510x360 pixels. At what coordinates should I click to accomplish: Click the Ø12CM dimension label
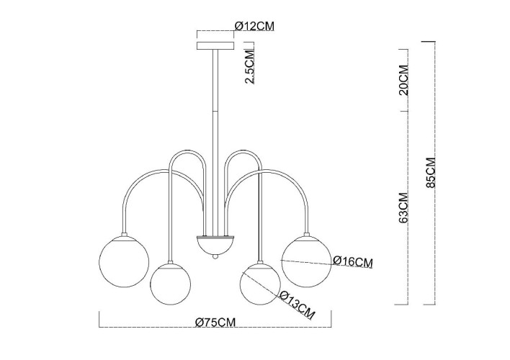coord(255,26)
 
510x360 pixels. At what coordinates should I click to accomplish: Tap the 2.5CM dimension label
coord(250,67)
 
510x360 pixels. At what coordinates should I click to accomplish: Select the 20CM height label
coord(403,80)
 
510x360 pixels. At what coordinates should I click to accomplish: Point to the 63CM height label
coord(403,207)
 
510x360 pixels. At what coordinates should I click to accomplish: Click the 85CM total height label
coord(431,172)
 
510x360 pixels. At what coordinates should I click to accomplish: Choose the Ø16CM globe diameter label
coord(353,262)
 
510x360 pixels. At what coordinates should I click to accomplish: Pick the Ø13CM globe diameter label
coord(297,305)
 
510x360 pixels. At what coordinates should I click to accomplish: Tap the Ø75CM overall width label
coord(215,322)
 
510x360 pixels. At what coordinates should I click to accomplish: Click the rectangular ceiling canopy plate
coord(215,45)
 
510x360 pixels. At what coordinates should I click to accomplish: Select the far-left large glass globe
coord(124,261)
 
